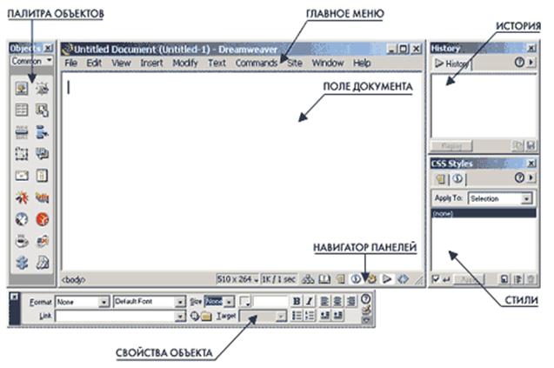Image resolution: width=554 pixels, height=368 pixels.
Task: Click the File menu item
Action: tap(70, 64)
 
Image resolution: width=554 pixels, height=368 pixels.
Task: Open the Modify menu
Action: tap(184, 64)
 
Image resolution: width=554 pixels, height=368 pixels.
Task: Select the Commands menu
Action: tap(256, 64)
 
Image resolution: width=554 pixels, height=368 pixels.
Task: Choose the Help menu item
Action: tap(362, 64)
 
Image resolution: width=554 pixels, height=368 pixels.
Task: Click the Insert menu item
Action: tap(151, 64)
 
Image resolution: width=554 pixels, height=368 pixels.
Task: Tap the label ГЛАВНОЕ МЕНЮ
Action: tap(344, 14)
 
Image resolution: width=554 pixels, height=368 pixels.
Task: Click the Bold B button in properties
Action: tap(297, 301)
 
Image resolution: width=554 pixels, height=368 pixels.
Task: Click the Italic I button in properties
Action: tap(309, 301)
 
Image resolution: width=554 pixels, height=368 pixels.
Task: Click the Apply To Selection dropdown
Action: tap(499, 199)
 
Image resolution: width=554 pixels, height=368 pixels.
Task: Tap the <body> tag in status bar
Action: tap(72, 279)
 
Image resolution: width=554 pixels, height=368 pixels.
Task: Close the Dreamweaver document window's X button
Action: tap(415, 50)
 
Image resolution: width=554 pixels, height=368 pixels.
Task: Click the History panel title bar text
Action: tap(446, 49)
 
